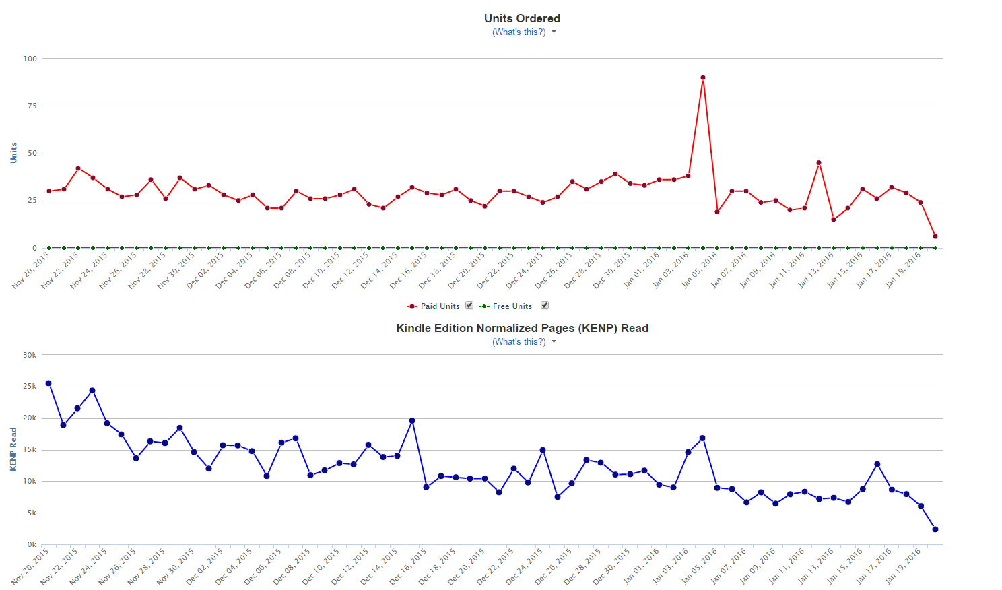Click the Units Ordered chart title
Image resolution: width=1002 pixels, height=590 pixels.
pyautogui.click(x=522, y=18)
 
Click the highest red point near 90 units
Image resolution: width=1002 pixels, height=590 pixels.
pyautogui.click(x=703, y=77)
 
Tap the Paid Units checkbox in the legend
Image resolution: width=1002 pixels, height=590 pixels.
pyautogui.click(x=469, y=305)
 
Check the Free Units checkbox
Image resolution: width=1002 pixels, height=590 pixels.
pyautogui.click(x=545, y=305)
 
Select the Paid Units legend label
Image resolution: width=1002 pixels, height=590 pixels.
pyautogui.click(x=440, y=306)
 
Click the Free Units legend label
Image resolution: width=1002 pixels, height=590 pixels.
pyautogui.click(x=512, y=306)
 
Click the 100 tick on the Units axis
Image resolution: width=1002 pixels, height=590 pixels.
pyautogui.click(x=30, y=59)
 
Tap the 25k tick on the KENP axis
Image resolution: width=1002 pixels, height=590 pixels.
pyautogui.click(x=30, y=387)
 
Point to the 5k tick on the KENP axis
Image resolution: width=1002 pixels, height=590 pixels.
pyautogui.click(x=32, y=513)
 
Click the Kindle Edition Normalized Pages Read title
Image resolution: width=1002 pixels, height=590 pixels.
pyautogui.click(x=522, y=328)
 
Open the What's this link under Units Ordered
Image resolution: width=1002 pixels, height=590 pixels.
pyautogui.click(x=519, y=32)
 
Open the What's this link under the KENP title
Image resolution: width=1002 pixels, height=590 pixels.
pyautogui.click(x=519, y=341)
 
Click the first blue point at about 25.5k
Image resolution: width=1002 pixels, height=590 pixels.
pyautogui.click(x=48, y=383)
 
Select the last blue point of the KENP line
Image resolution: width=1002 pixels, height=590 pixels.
pyautogui.click(x=935, y=529)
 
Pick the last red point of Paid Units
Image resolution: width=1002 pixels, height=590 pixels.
pyautogui.click(x=935, y=236)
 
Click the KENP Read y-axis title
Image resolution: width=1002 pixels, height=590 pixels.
pyautogui.click(x=13, y=449)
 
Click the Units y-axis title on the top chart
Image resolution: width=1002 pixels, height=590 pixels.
pyautogui.click(x=13, y=153)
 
